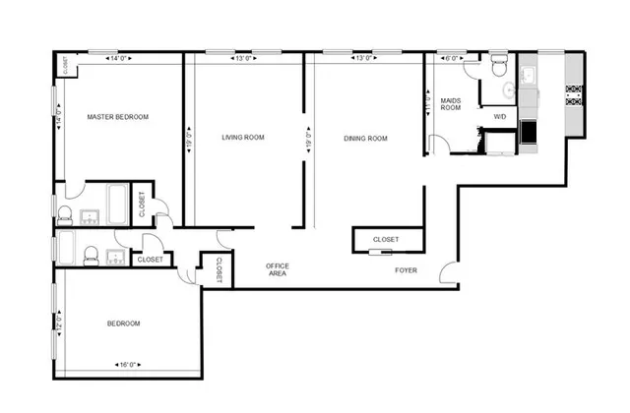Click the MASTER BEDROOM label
click(117, 117)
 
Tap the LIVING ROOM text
click(243, 138)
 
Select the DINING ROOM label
click(365, 139)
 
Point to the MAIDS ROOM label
click(451, 103)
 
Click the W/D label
click(499, 117)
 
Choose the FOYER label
click(406, 269)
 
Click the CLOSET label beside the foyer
click(386, 240)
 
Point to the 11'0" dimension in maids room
click(428, 104)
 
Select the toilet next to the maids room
click(498, 68)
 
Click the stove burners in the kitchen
click(573, 93)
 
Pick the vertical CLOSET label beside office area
click(219, 270)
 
